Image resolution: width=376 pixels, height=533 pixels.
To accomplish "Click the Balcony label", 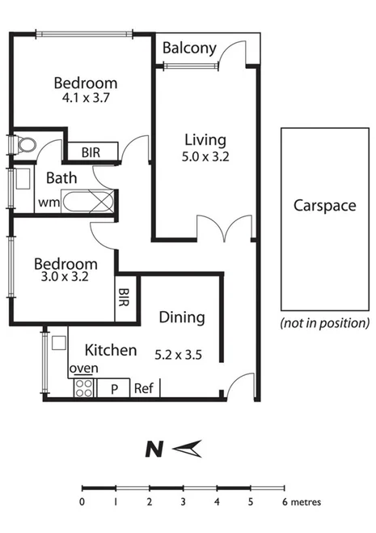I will (x=189, y=49).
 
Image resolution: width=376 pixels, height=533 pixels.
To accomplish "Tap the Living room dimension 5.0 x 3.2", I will (x=206, y=158).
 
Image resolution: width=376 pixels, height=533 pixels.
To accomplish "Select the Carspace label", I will (x=323, y=205).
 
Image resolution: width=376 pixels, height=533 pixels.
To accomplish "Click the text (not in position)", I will (x=324, y=322).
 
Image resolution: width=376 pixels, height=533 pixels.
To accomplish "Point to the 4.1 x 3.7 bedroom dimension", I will (x=86, y=99).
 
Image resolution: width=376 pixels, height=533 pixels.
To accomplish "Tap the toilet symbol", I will (x=25, y=145).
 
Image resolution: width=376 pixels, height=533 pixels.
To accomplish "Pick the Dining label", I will (x=182, y=318).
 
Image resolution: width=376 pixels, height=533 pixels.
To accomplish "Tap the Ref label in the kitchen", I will (x=144, y=388).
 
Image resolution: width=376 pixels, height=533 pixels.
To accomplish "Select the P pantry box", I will (x=114, y=388).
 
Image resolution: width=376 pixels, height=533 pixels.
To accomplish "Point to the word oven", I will (x=83, y=369).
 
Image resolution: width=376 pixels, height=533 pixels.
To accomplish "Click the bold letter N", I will (x=150, y=447).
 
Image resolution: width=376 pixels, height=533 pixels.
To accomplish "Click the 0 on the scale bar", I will (x=82, y=502).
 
